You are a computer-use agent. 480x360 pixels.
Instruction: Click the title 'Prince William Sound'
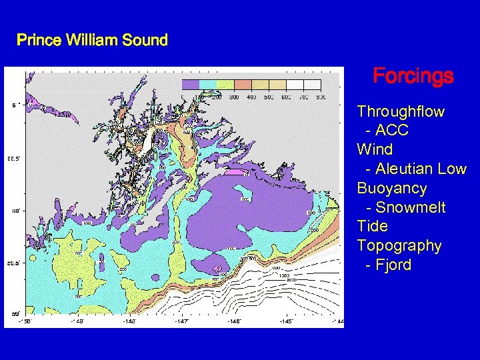[x=92, y=40]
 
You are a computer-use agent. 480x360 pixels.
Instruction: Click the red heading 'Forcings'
[x=413, y=76]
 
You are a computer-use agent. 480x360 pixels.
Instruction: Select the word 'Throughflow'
[x=401, y=111]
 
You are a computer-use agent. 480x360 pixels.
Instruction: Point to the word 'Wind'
[x=375, y=149]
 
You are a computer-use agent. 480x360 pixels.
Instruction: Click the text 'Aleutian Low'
[x=421, y=169]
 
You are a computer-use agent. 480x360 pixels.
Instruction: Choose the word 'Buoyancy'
[x=391, y=188]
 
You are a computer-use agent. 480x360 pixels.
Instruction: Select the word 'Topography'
[x=399, y=246]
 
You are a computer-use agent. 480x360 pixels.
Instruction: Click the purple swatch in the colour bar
[x=191, y=85]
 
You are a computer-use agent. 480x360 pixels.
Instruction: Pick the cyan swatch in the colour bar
[x=208, y=85]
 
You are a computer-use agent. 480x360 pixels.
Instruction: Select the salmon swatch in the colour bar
[x=243, y=85]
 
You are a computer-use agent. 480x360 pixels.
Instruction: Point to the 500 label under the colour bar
[x=269, y=97]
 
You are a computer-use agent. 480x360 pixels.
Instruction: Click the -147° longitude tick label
[x=181, y=322]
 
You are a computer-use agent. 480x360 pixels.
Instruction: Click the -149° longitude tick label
[x=77, y=322]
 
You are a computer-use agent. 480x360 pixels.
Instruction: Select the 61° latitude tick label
[x=14, y=105]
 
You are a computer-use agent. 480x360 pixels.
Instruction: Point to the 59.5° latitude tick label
[x=13, y=263]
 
